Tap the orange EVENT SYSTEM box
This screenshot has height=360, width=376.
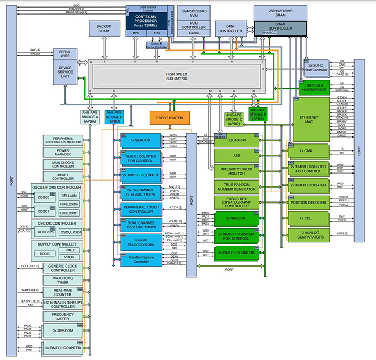[169, 118]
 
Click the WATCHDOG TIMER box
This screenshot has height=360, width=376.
[63, 279]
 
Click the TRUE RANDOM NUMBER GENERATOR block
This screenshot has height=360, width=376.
[237, 186]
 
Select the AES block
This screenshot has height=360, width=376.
[237, 155]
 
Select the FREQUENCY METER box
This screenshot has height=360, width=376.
[63, 317]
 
